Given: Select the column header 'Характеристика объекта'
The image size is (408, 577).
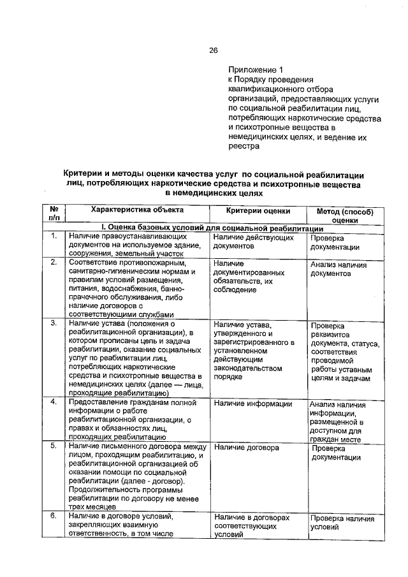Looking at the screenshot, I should click(136, 210).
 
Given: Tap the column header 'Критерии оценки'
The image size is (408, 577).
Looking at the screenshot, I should click(258, 210).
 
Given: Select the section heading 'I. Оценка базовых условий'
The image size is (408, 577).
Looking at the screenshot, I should click(210, 228).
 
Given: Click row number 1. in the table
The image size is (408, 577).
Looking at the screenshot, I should click(54, 237).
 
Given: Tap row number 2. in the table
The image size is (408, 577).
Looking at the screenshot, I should click(54, 262).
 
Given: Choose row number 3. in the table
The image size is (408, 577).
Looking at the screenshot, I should click(54, 323).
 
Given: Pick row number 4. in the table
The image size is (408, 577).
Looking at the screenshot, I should click(54, 402).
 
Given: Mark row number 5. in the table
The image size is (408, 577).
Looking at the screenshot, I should click(54, 447).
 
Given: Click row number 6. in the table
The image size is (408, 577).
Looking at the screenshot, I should click(54, 516).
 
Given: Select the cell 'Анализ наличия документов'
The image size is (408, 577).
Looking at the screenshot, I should click(339, 268).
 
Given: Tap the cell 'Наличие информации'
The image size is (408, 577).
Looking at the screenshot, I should click(253, 403).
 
